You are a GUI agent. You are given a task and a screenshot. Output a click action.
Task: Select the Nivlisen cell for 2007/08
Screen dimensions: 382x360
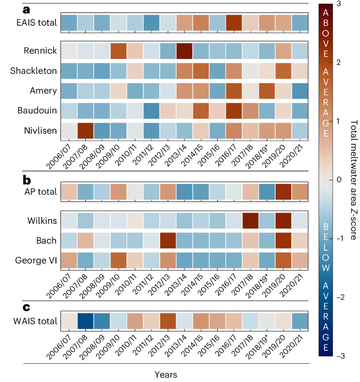[86, 130]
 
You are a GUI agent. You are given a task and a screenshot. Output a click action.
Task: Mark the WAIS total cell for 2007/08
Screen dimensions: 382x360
[86, 320]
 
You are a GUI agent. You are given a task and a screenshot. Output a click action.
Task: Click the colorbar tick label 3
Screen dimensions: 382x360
[338, 4]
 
